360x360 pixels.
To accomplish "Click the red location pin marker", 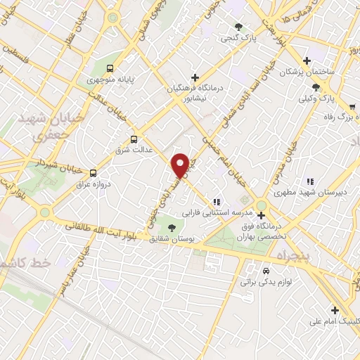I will [181, 165].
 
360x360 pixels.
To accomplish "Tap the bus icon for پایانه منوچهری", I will [109, 68].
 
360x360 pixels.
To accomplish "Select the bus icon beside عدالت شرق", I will [134, 139].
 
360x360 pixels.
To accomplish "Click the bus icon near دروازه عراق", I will [93, 172].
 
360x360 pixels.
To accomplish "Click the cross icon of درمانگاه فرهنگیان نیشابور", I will [195, 76].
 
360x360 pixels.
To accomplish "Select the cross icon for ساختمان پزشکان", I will [306, 61].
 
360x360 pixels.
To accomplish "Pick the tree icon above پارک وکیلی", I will [316, 87].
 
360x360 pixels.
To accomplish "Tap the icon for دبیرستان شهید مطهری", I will [310, 181].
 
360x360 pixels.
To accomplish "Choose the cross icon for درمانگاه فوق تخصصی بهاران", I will [262, 215].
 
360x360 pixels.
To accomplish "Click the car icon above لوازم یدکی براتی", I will [266, 271].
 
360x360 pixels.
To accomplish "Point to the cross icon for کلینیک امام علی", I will [335, 310].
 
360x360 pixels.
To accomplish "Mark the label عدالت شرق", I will [131, 150].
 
